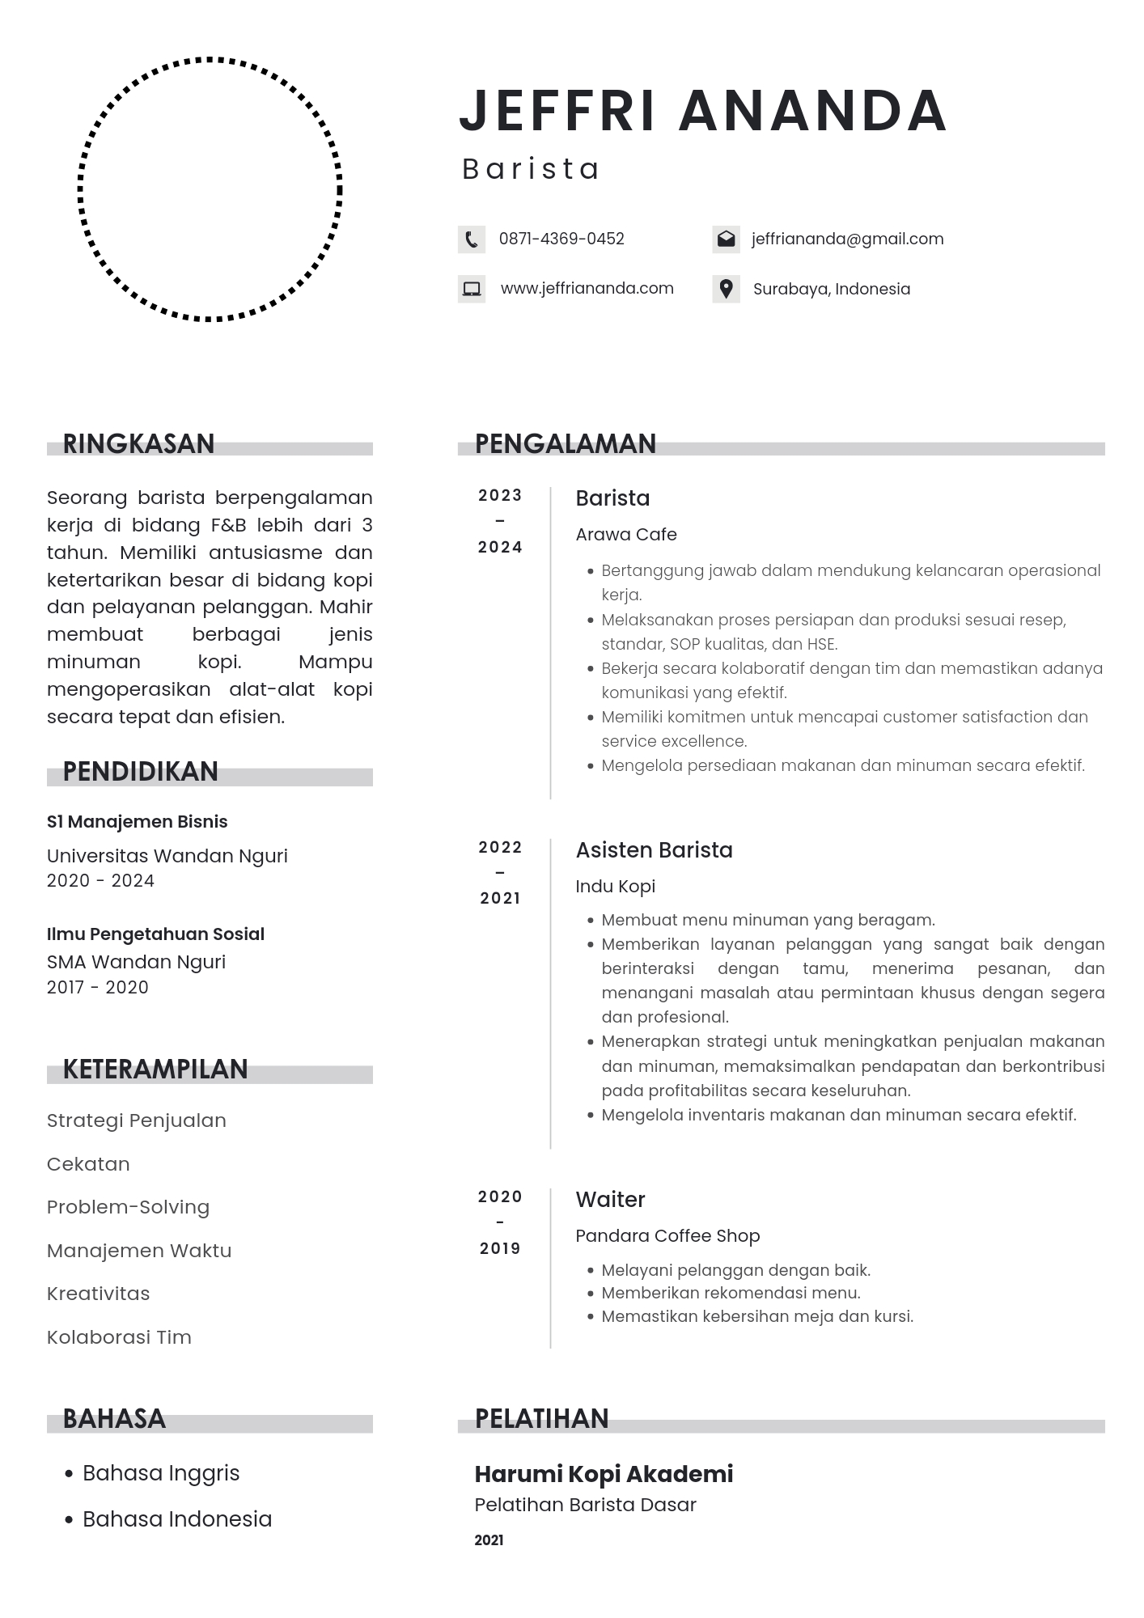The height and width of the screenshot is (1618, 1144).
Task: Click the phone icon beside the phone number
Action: point(471,239)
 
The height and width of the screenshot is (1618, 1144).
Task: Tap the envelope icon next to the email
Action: point(726,239)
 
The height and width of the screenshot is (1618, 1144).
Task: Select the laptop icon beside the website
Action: point(471,289)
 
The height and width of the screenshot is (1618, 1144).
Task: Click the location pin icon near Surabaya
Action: point(726,289)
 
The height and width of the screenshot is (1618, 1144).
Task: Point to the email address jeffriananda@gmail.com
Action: point(847,239)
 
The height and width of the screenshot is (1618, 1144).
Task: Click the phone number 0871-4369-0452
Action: point(561,239)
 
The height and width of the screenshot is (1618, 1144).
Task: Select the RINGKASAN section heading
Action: point(138,444)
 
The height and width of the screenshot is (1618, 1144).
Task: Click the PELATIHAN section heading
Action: point(541,1419)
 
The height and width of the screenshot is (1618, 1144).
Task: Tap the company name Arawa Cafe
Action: point(625,535)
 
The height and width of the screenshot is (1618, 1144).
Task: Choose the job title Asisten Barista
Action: point(654,850)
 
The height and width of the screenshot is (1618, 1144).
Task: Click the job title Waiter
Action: point(610,1200)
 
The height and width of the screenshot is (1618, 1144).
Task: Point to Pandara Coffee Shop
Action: point(667,1236)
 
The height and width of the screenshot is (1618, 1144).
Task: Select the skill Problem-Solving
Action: point(128,1207)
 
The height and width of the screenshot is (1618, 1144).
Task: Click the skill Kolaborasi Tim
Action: point(119,1337)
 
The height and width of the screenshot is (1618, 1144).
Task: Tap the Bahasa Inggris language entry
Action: point(161,1473)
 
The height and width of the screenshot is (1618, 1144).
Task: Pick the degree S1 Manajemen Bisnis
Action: point(137,822)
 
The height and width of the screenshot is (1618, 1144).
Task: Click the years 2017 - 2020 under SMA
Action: point(97,988)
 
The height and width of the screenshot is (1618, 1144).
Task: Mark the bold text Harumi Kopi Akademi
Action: point(604,1474)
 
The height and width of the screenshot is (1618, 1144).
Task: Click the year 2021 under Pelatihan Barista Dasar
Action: point(489,1540)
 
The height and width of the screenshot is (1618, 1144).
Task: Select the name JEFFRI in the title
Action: point(557,111)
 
